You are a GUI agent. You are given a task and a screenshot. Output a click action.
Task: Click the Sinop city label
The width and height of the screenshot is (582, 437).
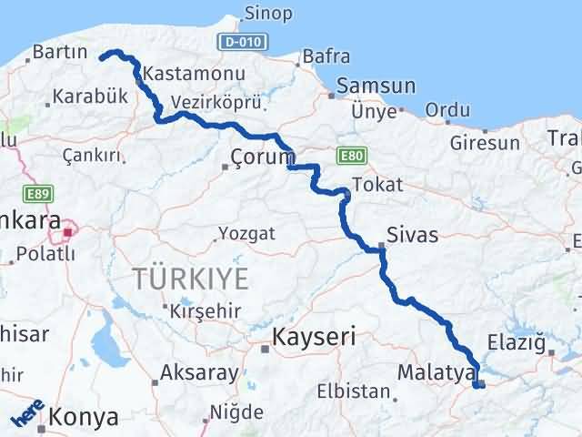268,14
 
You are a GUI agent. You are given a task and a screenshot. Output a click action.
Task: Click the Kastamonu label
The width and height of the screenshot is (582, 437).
183,73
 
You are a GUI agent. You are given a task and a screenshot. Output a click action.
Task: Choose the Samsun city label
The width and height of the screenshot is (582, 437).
376,86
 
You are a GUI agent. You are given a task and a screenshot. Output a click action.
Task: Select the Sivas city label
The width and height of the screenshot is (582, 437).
412,236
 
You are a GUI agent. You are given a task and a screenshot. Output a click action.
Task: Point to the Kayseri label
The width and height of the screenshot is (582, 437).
313,338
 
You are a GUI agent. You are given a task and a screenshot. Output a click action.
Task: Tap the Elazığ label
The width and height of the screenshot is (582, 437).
521,345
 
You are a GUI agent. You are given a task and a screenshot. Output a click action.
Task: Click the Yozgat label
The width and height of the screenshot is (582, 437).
247,233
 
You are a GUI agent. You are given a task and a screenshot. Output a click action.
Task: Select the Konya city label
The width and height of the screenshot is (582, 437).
85,418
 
